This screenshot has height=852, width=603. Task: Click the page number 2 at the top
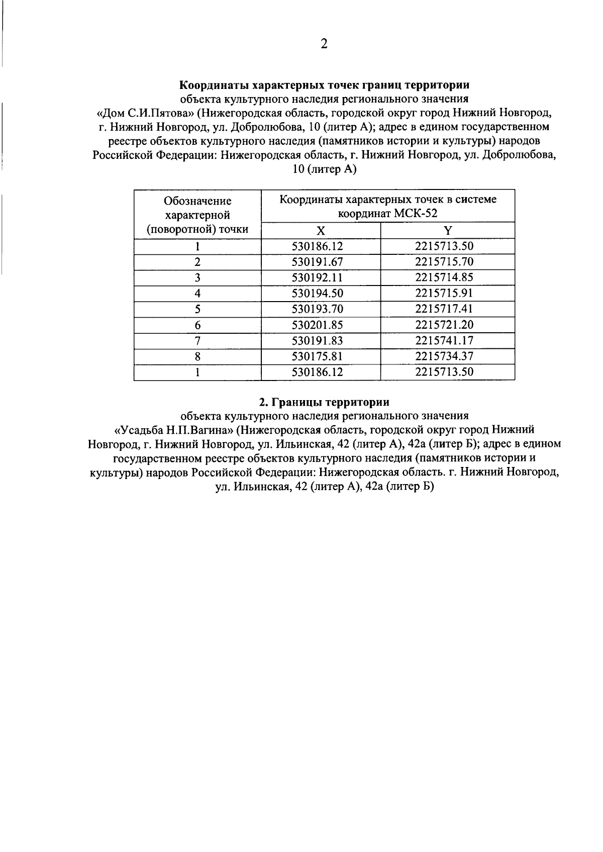click(x=324, y=44)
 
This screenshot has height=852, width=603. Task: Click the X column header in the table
click(x=321, y=231)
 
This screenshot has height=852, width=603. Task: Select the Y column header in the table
click(x=448, y=231)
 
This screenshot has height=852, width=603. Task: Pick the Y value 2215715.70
click(x=444, y=262)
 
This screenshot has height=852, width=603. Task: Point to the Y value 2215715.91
click(x=444, y=293)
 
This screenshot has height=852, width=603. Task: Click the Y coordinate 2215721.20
click(x=444, y=325)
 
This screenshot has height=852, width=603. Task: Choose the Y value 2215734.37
click(x=444, y=356)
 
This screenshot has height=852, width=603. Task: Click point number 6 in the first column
click(x=197, y=325)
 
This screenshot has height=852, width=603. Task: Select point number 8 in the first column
click(x=197, y=357)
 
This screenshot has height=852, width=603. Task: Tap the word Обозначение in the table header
click(x=197, y=201)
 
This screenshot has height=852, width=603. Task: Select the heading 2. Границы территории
click(x=324, y=402)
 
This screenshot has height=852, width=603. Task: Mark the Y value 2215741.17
click(x=444, y=340)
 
